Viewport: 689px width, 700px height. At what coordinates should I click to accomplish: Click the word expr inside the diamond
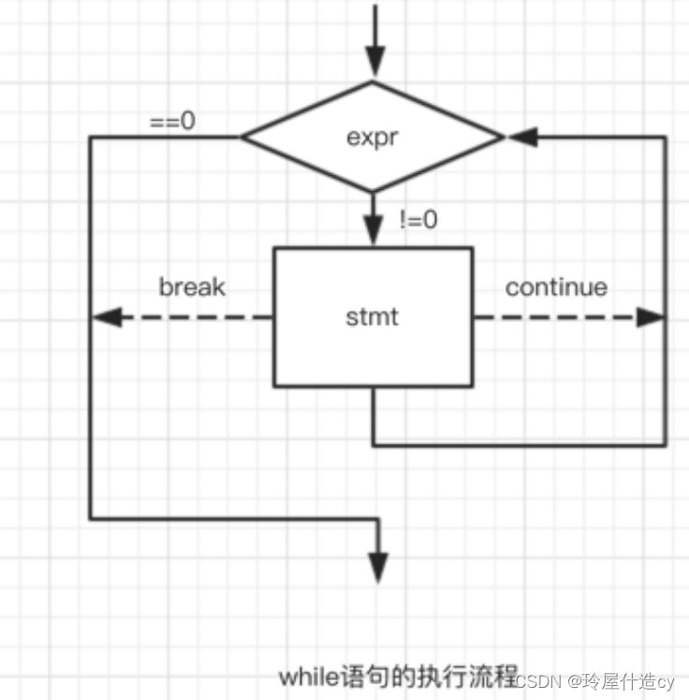point(373,137)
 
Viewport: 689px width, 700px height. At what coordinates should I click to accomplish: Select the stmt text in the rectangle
point(372,316)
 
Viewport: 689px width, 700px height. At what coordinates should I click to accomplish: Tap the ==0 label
point(173,122)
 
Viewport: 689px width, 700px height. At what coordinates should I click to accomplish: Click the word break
point(192,286)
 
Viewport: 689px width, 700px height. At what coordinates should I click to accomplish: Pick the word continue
point(556,286)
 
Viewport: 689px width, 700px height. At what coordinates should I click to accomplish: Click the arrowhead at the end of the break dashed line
point(106,317)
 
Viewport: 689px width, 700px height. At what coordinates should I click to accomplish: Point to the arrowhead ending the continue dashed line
point(651,317)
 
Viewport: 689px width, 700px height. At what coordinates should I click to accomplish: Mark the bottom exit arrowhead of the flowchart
point(378,566)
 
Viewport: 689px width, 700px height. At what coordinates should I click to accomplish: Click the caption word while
point(308,675)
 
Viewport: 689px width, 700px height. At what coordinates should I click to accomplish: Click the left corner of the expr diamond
point(243,138)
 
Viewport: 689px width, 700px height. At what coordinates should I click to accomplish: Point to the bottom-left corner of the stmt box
point(274,386)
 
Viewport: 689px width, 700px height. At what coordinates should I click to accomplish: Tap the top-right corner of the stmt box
point(472,248)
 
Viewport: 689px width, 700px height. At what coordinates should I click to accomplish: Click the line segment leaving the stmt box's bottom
point(373,416)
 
